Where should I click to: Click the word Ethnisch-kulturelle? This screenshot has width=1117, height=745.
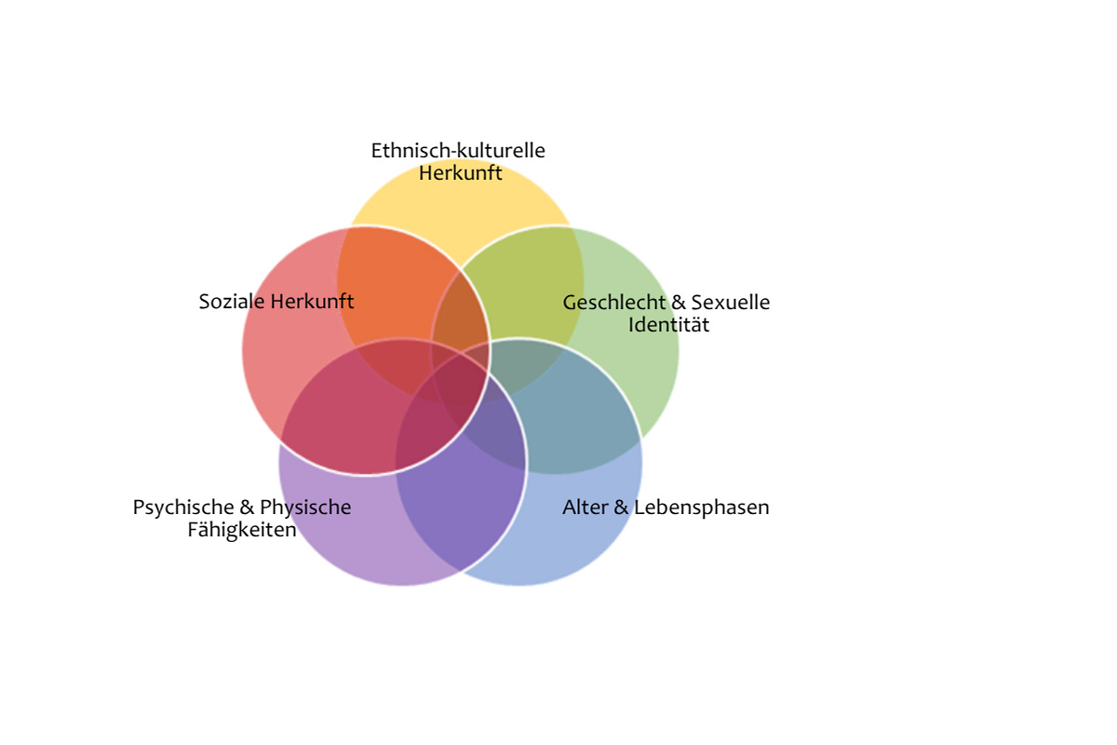click(458, 150)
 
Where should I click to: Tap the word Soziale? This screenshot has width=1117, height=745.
click(232, 302)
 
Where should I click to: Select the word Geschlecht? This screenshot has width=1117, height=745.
click(612, 303)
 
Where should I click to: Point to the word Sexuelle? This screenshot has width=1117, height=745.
click(731, 303)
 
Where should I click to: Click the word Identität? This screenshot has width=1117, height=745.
click(668, 325)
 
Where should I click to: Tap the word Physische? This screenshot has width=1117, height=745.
click(305, 508)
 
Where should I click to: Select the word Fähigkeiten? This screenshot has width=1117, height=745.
click(242, 530)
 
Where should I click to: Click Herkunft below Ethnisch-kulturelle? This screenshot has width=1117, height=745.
click(460, 173)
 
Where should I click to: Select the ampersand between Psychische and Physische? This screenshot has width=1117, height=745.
click(247, 508)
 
